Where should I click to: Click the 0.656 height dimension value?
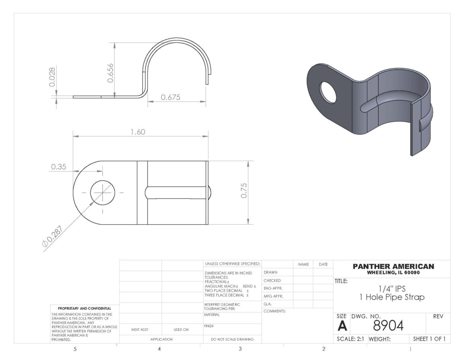tap(110, 72)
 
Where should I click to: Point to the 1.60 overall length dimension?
tap(138, 132)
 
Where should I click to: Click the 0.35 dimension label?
tap(58, 167)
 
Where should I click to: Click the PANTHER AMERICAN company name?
tap(393, 266)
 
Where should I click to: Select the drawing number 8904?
tap(388, 326)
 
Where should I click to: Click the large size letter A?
tap(342, 326)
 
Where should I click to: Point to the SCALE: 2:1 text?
tap(350, 339)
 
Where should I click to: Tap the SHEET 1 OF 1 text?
tap(429, 339)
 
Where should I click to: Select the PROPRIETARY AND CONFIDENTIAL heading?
tap(84, 308)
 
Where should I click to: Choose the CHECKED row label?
tap(272, 280)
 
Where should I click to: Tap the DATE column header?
tap(323, 264)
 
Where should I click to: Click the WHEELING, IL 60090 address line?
tap(393, 273)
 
